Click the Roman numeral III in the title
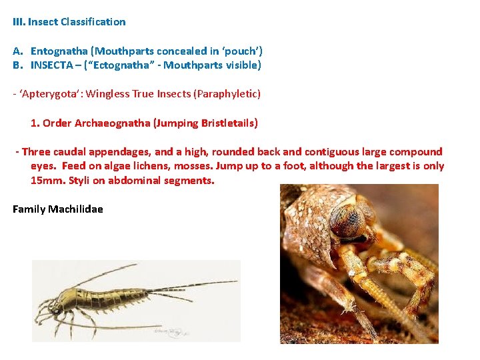pos(19,22)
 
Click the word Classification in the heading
pos(93,22)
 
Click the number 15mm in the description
pos(45,181)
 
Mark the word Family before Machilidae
pos(29,209)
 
